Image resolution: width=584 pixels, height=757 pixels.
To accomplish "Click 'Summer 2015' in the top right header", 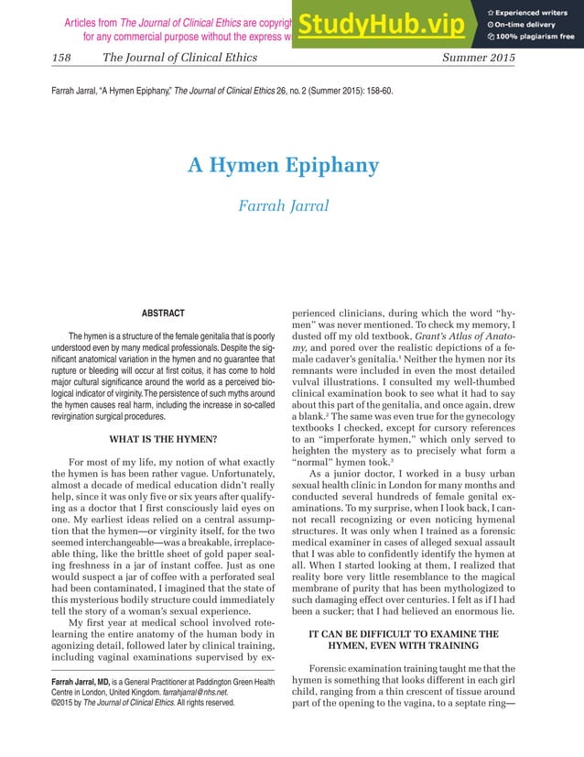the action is click(479, 58).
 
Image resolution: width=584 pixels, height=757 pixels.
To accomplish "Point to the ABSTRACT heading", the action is click(163, 313).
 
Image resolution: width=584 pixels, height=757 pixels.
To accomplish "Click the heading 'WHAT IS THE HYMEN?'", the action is click(163, 412).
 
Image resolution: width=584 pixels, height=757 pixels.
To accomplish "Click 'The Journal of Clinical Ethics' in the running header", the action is click(180, 58).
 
